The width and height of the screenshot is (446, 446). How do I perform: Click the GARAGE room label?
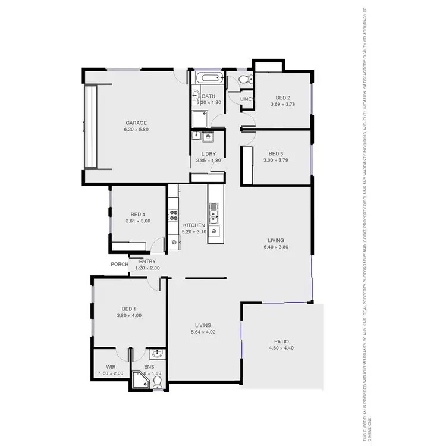pyautogui.click(x=136, y=123)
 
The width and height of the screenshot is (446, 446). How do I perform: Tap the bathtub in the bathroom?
pyautogui.click(x=208, y=78)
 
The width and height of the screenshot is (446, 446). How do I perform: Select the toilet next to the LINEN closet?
pyautogui.click(x=245, y=80)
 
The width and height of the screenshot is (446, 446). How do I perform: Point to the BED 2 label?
pyautogui.click(x=282, y=98)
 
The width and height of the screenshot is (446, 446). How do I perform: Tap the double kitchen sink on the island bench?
pyautogui.click(x=213, y=210)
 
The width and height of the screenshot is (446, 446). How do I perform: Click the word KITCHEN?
pyautogui.click(x=194, y=225)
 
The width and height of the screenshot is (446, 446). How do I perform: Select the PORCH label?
pyautogui.click(x=120, y=265)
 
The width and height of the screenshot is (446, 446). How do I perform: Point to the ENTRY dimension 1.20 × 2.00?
pyautogui.click(x=147, y=268)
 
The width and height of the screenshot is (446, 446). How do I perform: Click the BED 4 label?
pyautogui.click(x=138, y=215)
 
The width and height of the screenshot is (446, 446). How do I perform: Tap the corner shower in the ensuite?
pyautogui.click(x=140, y=379)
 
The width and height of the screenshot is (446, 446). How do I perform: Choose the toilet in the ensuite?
pyautogui.click(x=158, y=381)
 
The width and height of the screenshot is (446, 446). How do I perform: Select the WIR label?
pyautogui.click(x=111, y=367)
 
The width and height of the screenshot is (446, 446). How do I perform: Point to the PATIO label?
pyautogui.click(x=281, y=341)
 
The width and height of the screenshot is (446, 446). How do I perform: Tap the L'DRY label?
pyautogui.click(x=208, y=153)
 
